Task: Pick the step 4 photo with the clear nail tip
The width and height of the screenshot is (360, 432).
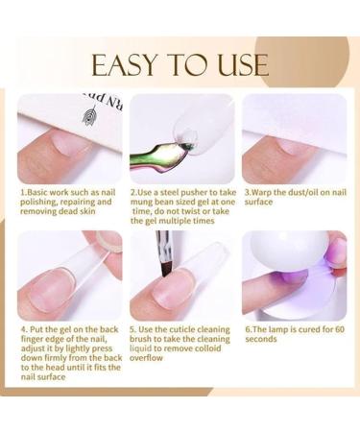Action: (x=69, y=276)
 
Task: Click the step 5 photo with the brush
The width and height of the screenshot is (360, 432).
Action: (x=181, y=276)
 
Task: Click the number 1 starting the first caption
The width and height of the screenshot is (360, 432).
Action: (x=22, y=192)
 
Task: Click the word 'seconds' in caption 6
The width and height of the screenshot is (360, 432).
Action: (x=260, y=339)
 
